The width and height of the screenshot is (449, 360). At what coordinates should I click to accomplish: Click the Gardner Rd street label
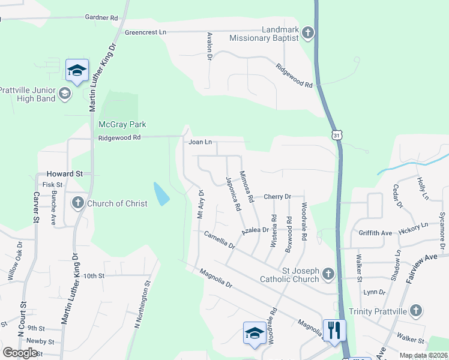click(x=101, y=18)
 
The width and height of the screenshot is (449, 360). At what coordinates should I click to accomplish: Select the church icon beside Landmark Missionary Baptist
click(x=308, y=32)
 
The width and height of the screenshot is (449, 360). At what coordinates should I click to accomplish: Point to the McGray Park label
click(x=122, y=124)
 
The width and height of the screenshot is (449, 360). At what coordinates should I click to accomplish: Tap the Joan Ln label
click(x=200, y=142)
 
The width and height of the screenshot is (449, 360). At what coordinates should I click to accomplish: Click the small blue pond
click(x=161, y=194)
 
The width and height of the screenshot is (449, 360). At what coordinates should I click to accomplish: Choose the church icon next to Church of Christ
click(x=77, y=203)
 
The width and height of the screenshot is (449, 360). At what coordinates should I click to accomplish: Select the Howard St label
click(x=66, y=173)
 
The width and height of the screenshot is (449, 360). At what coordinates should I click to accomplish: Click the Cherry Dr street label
click(x=277, y=196)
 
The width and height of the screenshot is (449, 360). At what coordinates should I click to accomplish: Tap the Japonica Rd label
click(x=233, y=193)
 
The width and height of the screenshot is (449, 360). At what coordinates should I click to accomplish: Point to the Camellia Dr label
click(x=219, y=239)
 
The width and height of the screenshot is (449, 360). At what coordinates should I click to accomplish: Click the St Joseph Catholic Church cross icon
click(x=328, y=274)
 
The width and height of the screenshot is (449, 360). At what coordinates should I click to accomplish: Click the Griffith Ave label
click(x=375, y=233)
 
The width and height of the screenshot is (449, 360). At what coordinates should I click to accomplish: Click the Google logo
click(x=20, y=353)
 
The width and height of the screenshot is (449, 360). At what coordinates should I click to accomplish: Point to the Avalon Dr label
click(x=210, y=46)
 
